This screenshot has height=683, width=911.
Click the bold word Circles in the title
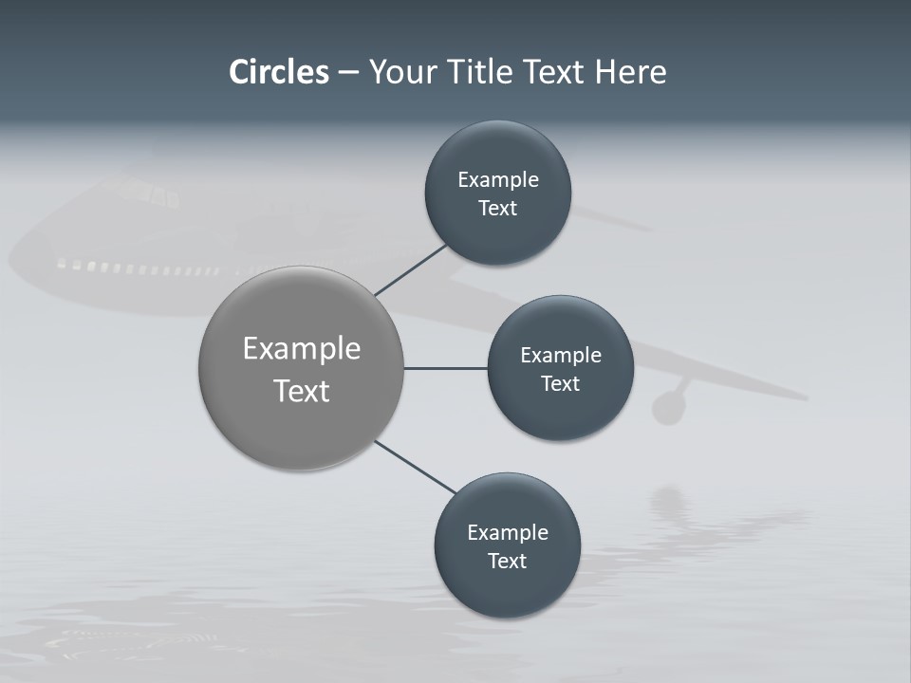[x=278, y=72]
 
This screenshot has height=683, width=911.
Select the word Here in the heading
[x=630, y=72]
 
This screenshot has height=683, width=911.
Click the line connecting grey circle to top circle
[x=411, y=269]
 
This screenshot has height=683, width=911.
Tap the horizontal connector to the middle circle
[x=445, y=368]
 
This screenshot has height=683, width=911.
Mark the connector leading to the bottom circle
[x=416, y=467]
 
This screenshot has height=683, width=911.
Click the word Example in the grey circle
[x=302, y=348]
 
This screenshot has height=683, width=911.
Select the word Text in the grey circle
[x=302, y=391]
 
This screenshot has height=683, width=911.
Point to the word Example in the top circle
[x=498, y=179]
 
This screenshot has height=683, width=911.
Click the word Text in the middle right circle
[x=560, y=383]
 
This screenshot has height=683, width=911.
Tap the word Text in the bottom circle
[x=507, y=561]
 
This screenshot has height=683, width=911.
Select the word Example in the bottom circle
[x=508, y=532]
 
